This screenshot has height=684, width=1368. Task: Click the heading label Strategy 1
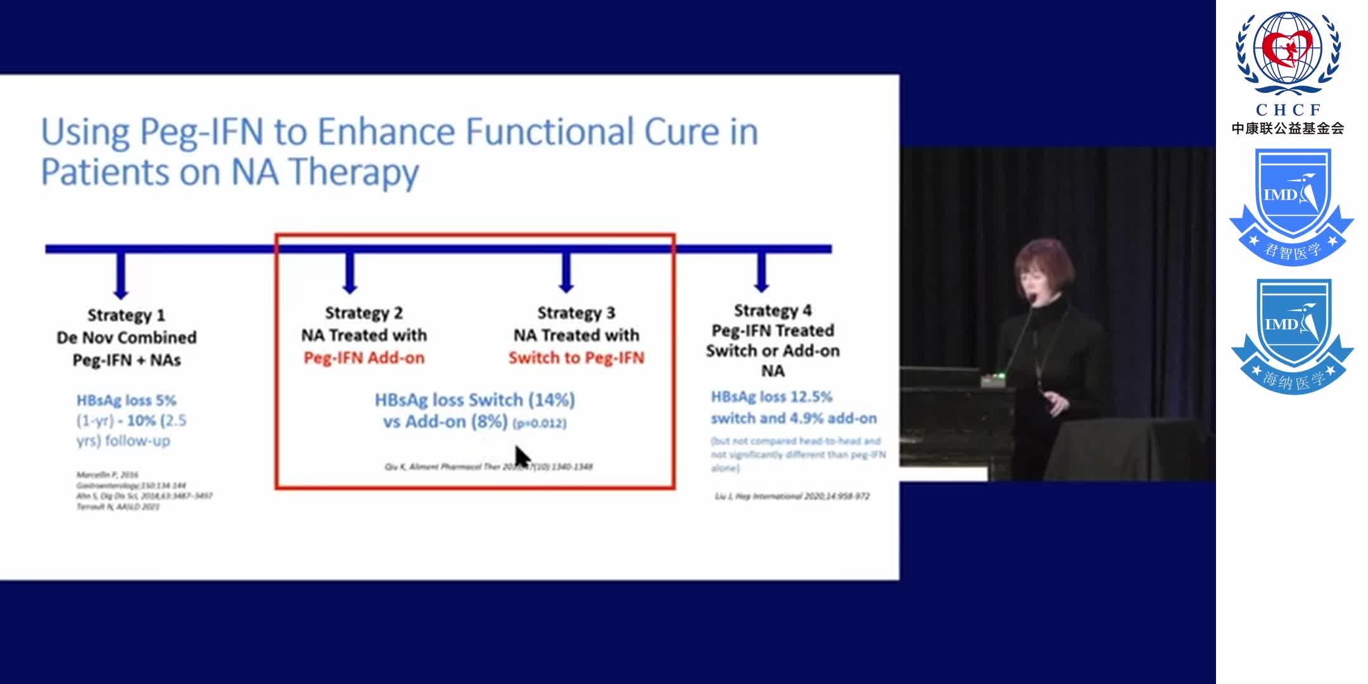126,315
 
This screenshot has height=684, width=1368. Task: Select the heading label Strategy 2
364,313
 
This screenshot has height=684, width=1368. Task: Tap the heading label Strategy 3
576,313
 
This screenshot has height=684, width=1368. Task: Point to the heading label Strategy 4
772,310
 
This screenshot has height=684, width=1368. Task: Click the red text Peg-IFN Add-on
364,358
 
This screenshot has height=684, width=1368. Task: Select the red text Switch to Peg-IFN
576,358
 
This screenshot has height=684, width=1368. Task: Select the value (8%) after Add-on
489,422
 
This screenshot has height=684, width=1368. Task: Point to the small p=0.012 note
540,423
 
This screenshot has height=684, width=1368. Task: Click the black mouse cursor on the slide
521,455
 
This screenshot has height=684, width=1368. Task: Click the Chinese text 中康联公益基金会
1288,129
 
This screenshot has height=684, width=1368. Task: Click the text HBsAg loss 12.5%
771,397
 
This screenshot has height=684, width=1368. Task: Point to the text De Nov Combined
127,338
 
